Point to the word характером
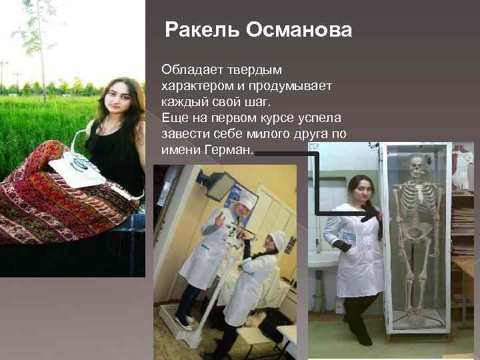point(193,87)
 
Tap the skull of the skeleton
point(418,164)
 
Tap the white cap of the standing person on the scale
point(246,197)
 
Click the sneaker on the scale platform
point(181,321)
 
